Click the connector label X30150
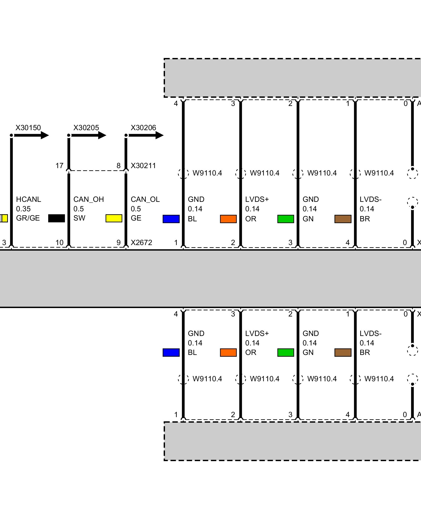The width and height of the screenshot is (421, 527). pos(28,128)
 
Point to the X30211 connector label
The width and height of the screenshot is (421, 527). pos(143,166)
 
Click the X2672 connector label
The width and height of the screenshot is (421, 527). pos(141,242)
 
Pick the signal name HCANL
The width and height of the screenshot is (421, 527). pos(28,199)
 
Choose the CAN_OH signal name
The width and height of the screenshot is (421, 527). pos(88,199)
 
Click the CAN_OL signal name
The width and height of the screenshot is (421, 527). pos(145,199)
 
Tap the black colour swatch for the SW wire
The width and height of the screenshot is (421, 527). pos(57,218)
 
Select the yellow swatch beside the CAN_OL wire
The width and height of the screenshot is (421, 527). pos(114,218)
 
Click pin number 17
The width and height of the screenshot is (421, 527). pos(59,166)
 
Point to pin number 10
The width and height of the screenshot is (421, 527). pos(59,242)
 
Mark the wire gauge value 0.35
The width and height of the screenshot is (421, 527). pos(23,209)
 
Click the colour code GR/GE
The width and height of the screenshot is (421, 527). pos(28,218)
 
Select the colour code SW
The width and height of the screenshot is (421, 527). pos(79,218)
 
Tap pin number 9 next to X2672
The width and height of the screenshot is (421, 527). pos(118,242)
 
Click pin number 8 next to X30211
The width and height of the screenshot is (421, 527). pos(118,166)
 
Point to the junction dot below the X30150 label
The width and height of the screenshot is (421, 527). pos(11,135)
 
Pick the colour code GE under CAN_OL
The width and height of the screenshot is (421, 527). pos(136,218)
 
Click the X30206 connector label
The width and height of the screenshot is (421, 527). pos(143,128)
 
